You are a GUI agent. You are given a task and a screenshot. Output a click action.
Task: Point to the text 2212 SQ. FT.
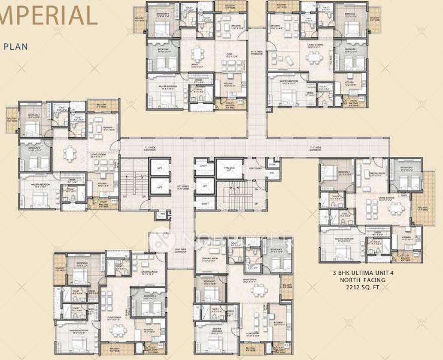359,288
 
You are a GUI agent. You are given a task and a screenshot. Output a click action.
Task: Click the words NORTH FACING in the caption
359,280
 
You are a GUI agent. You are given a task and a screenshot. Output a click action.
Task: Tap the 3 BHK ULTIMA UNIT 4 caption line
359,273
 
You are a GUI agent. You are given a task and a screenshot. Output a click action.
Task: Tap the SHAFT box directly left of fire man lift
205,168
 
